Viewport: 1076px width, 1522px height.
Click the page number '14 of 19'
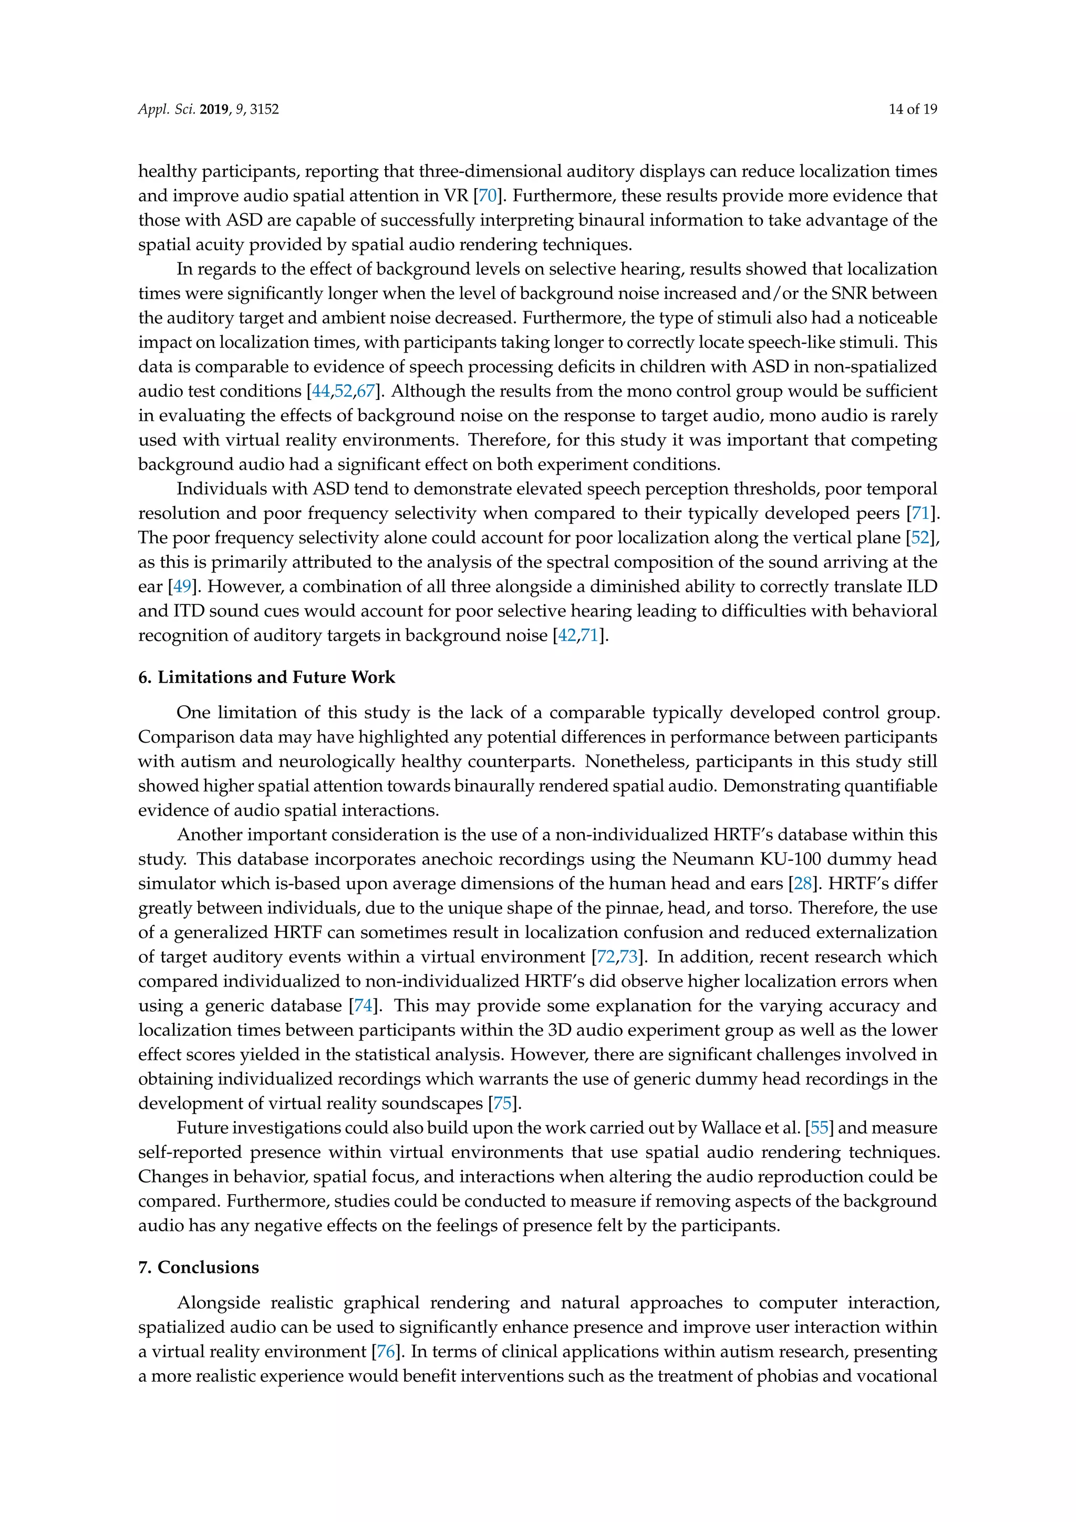(913, 109)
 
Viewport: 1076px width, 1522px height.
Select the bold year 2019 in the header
(213, 109)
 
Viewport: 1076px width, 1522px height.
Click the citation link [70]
(488, 196)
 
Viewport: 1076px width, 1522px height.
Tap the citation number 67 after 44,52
(366, 391)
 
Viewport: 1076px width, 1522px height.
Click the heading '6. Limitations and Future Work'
(266, 677)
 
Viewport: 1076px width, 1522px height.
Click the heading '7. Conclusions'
(199, 1267)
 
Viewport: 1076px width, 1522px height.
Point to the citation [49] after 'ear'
(182, 587)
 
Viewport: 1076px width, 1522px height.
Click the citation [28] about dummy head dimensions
(802, 883)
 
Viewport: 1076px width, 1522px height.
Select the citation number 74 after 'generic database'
(363, 1005)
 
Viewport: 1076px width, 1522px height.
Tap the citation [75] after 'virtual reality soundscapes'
(502, 1103)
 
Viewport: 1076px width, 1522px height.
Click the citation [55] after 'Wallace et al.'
(820, 1128)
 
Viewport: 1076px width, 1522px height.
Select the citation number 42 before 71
(567, 636)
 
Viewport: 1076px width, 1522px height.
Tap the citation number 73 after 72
(629, 957)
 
